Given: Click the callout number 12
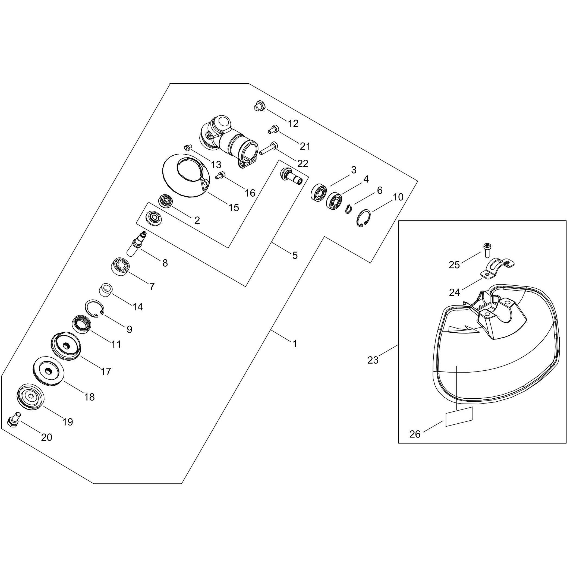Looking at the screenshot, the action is [x=293, y=124].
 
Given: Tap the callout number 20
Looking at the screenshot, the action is [x=47, y=437].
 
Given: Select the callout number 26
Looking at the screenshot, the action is [x=415, y=434].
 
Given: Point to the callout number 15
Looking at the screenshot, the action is [x=234, y=207].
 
